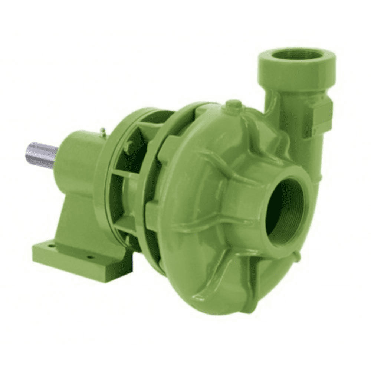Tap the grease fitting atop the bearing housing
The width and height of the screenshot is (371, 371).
(103, 131)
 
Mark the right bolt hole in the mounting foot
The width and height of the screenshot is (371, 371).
(89, 256)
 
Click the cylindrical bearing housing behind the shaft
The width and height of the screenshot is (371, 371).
(76, 156)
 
